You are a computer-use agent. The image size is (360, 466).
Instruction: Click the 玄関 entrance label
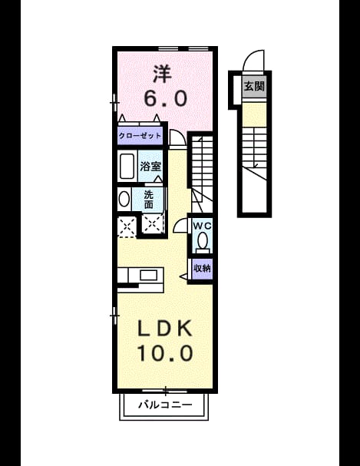[x=254, y=87]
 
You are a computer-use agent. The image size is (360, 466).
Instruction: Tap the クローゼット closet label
[x=140, y=136]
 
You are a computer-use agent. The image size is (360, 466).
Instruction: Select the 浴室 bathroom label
[x=150, y=167]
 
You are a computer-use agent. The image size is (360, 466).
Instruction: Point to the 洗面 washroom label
[x=148, y=200]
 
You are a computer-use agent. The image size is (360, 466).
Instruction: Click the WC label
[x=202, y=226]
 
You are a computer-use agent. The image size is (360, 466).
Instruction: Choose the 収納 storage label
[x=202, y=269]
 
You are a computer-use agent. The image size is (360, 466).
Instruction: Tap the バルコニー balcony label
[x=165, y=405]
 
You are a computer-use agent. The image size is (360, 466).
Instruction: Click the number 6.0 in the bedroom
[x=166, y=98]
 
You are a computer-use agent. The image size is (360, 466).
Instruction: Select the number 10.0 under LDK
[x=165, y=353]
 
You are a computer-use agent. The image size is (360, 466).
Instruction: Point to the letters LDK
[x=164, y=329]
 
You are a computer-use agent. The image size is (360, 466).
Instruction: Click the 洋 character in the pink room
[x=162, y=74]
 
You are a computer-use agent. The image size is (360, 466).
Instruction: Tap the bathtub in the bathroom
[x=127, y=166]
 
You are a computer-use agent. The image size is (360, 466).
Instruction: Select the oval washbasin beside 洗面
[x=124, y=199]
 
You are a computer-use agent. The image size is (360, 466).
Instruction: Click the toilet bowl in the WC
[x=203, y=240]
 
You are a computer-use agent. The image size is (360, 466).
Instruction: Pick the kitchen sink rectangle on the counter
[x=148, y=275]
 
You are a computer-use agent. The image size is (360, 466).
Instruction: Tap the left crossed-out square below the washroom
[x=127, y=226]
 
